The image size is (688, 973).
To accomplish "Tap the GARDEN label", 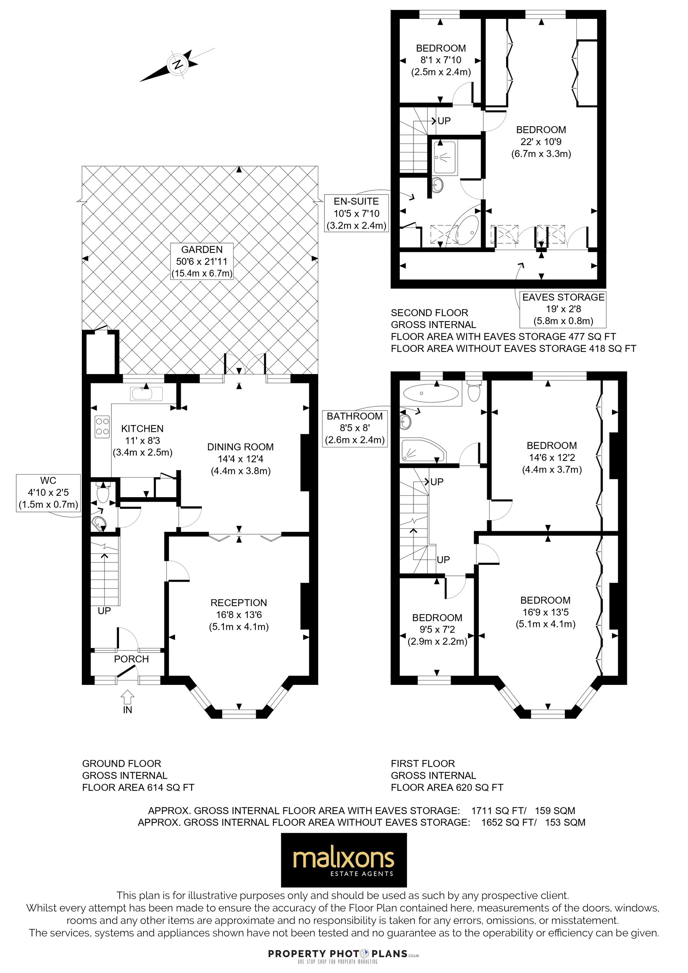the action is (202, 250).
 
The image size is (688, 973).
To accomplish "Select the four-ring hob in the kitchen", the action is (102, 426).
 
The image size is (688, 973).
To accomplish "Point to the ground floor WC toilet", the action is (103, 492).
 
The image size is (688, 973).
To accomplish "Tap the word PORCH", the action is (131, 659).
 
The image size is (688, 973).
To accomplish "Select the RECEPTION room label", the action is (239, 603).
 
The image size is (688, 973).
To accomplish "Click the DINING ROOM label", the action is (240, 447).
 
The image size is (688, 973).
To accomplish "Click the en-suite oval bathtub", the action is (467, 229).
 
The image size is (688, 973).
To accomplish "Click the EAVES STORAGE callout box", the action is (563, 309).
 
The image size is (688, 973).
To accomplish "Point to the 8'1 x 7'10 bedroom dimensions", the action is (441, 60).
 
